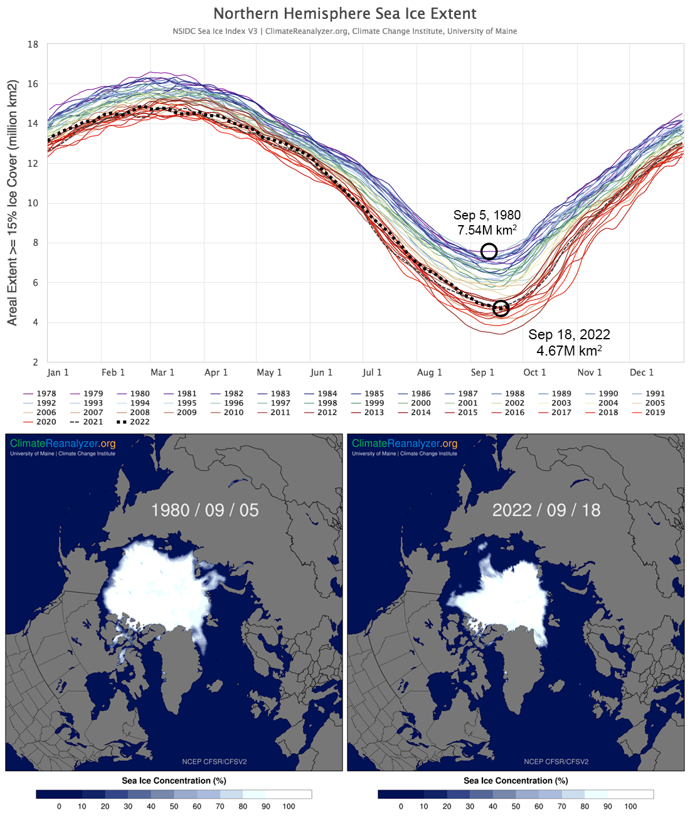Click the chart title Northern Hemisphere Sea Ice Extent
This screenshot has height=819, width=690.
click(x=345, y=14)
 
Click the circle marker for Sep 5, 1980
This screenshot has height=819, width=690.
click(x=489, y=251)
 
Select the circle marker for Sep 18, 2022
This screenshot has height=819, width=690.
click(x=501, y=309)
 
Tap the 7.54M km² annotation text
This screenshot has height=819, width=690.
click(x=487, y=230)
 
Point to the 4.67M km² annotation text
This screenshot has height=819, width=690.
click(x=569, y=351)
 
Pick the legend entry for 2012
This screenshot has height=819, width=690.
click(x=327, y=413)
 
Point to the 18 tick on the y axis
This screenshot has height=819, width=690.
click(x=33, y=45)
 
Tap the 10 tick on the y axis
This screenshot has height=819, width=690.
click(x=33, y=203)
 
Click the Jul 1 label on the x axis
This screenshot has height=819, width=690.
click(x=372, y=373)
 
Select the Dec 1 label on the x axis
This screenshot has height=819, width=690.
click(x=642, y=373)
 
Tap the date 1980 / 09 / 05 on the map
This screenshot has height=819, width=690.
click(x=205, y=510)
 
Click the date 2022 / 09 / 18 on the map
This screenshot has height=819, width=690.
click(x=546, y=510)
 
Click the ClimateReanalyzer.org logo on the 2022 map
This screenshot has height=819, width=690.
click(x=405, y=443)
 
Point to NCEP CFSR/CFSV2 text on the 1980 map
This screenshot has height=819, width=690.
click(x=215, y=761)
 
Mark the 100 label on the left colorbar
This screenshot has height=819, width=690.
click(x=289, y=806)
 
